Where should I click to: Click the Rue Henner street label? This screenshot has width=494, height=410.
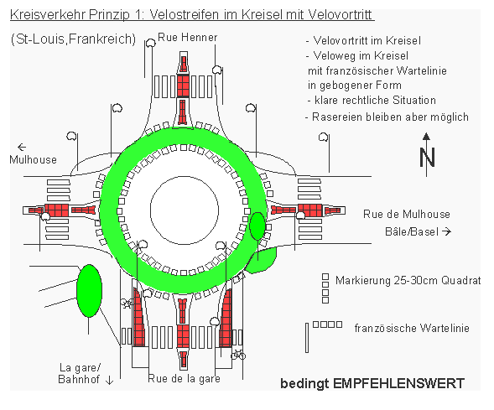pos(188,38)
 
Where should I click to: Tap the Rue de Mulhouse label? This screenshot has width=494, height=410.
pos(407,214)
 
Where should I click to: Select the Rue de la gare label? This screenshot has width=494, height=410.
pos(184,378)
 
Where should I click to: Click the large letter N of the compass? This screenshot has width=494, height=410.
pos(427,157)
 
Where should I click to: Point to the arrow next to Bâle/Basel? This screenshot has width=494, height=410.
pos(446,231)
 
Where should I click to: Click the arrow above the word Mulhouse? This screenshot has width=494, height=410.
pos(22,147)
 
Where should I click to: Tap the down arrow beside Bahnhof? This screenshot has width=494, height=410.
pos(109,380)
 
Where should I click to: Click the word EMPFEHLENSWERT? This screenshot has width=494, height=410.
pos(398,383)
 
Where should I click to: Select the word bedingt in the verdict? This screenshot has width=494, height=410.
pos(304,384)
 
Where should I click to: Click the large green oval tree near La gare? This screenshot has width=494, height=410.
pos(90,291)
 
